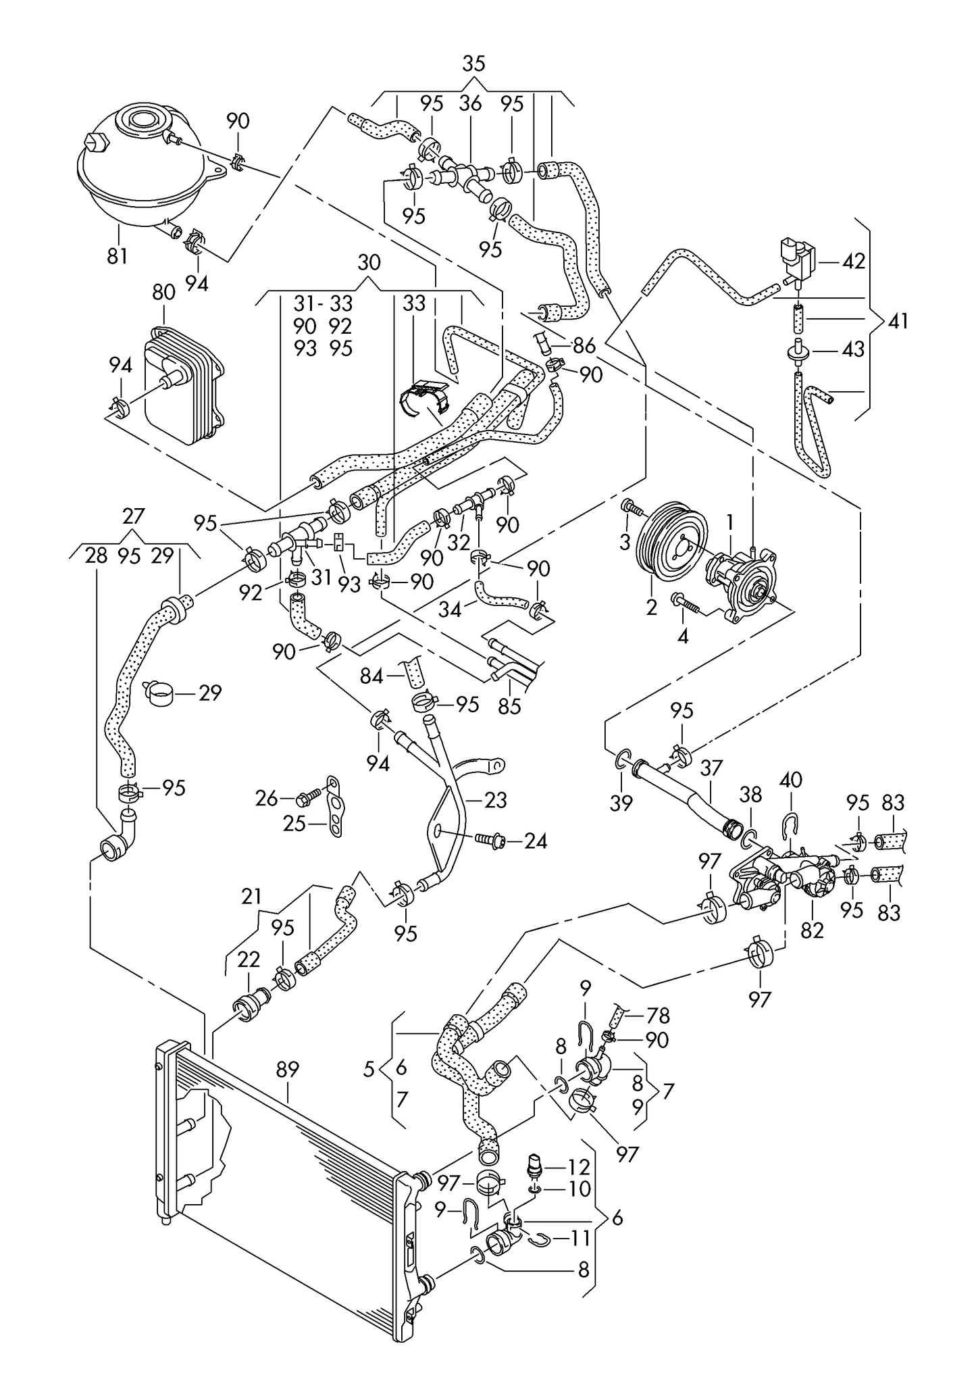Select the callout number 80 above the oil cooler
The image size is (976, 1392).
[164, 292]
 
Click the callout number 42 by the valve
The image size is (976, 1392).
[854, 261]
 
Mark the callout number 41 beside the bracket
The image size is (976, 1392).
[898, 321]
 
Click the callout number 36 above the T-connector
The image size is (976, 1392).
[470, 103]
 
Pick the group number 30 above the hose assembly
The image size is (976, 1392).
[369, 262]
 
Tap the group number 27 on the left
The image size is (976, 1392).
[134, 516]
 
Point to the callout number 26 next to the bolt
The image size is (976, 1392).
[267, 799]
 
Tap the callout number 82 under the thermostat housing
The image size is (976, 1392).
[813, 930]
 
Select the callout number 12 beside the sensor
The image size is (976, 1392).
[580, 1167]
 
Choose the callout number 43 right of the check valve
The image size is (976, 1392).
[854, 349]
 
